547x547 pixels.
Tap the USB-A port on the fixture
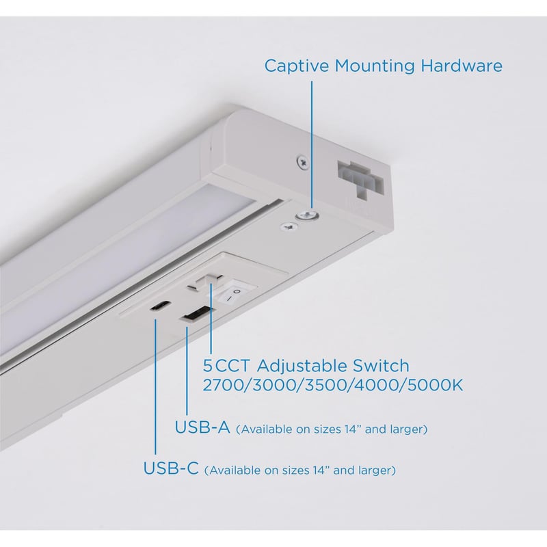tap(196, 313)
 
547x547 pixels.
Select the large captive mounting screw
tap(307, 216)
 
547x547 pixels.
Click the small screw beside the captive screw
tap(289, 227)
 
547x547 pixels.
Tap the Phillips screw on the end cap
tap(302, 162)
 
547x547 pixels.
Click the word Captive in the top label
tap(297, 66)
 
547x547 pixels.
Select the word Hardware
tap(461, 66)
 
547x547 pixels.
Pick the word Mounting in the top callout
tap(375, 66)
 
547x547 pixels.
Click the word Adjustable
tap(302, 366)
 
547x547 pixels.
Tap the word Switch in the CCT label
tap(381, 366)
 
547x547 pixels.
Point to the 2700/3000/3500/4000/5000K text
tap(333, 386)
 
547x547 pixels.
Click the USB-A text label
tap(202, 427)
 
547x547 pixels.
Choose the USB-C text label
tap(171, 468)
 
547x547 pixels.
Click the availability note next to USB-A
tap(332, 429)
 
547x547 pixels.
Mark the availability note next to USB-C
tap(300, 470)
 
